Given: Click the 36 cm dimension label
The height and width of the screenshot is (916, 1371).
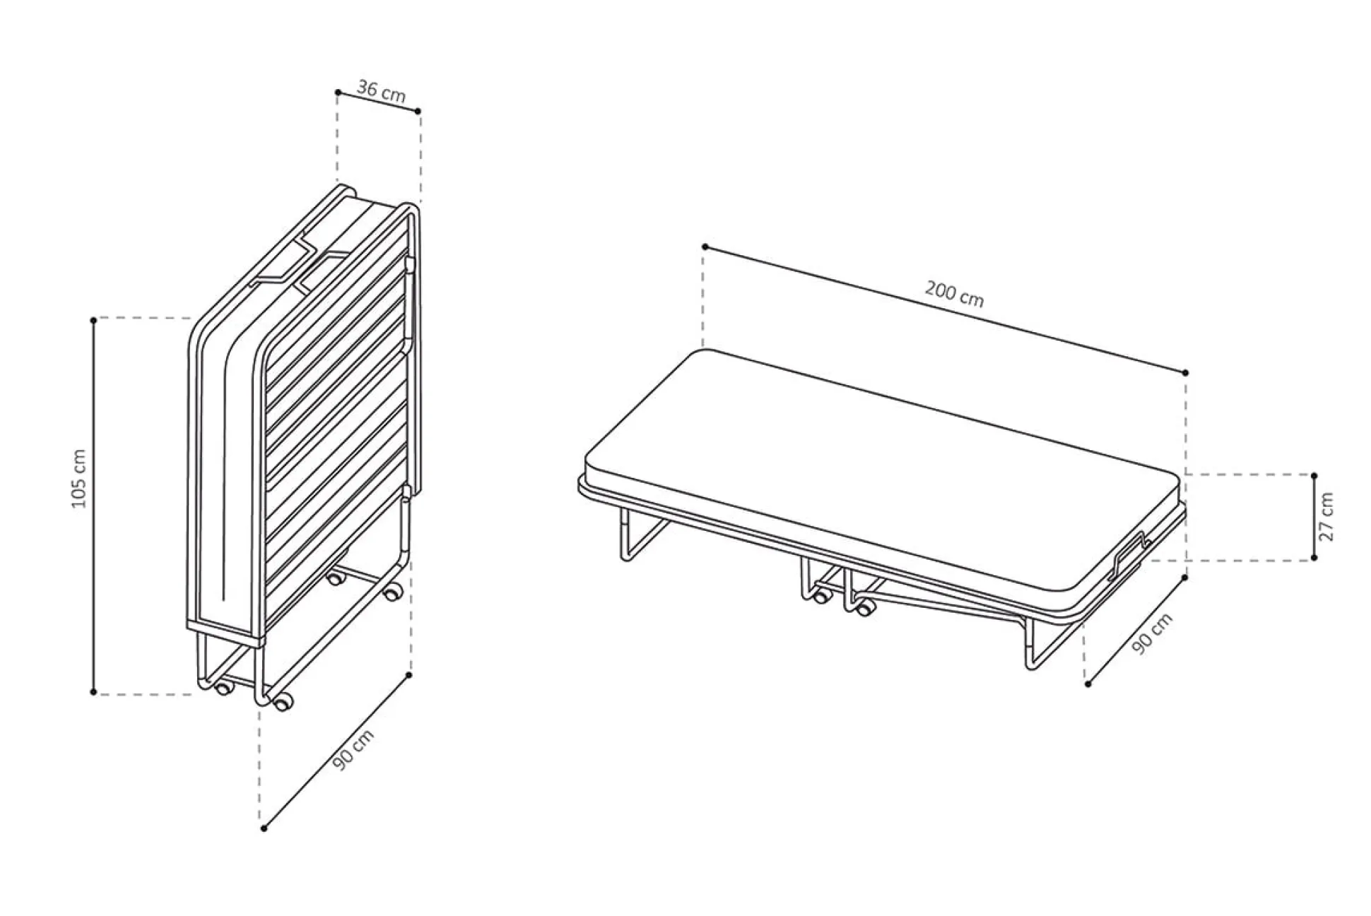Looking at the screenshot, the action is click(381, 91).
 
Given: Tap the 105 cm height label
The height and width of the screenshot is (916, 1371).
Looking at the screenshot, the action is click(79, 478).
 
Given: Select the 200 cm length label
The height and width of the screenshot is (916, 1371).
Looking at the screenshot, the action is click(954, 293).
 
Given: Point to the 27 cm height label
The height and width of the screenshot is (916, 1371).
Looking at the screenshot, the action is click(1327, 517).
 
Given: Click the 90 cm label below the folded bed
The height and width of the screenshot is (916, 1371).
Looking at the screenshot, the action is click(353, 750).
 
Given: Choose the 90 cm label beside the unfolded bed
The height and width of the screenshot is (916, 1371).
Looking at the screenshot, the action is click(1153, 633).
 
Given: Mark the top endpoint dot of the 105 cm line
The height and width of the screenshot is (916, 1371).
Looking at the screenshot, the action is click(93, 320).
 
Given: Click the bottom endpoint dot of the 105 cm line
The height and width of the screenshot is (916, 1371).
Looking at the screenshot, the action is click(93, 692).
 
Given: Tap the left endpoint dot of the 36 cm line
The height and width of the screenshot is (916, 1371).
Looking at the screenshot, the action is click(338, 93).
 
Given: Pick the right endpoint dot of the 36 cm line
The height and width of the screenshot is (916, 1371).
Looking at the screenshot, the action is click(418, 111).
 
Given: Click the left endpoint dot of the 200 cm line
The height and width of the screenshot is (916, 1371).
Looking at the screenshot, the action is click(705, 247).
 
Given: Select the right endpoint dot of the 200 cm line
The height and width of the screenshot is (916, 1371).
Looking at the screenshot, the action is click(1185, 372).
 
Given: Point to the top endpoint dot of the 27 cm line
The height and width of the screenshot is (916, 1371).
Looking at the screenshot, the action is click(1314, 476).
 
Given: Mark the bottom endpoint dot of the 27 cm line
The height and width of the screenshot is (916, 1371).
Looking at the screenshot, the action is click(1314, 558).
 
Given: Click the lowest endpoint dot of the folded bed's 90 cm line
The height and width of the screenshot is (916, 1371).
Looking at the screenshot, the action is click(264, 828).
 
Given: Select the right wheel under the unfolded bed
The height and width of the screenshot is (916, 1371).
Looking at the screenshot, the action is click(863, 606).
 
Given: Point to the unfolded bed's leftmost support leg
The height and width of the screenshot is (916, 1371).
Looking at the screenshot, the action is click(637, 534).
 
